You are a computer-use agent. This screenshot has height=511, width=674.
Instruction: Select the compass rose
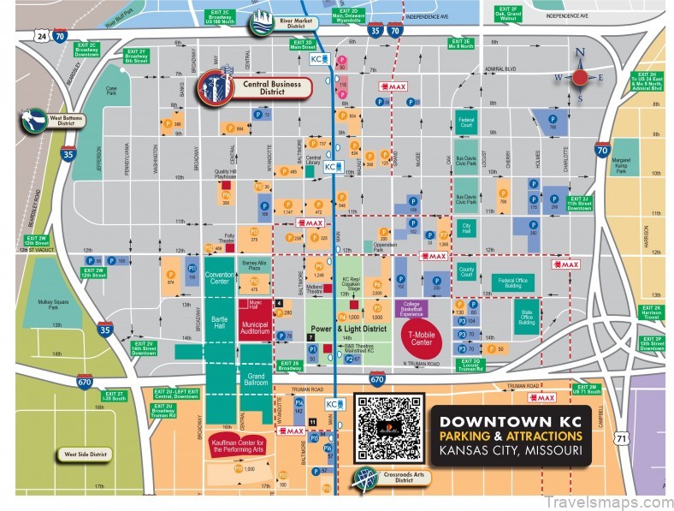point(580,78)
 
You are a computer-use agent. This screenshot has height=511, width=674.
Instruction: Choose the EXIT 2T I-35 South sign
point(115,395)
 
